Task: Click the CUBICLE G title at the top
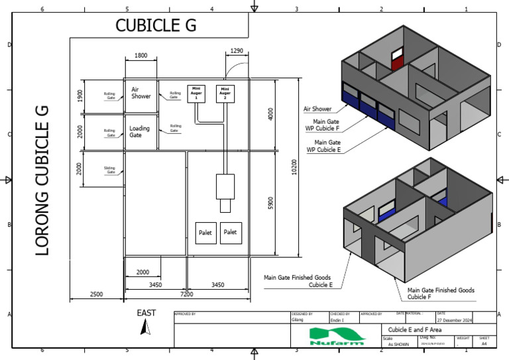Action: tap(156, 25)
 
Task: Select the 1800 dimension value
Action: tap(141, 56)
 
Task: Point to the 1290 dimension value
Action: tap(237, 50)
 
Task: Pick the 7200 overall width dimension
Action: tap(187, 294)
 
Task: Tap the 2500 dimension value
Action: tap(97, 294)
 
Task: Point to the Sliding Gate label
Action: tap(109, 169)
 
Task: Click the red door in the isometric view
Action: tap(398, 60)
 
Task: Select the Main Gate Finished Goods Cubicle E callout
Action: tap(297, 281)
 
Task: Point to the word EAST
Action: tap(146, 312)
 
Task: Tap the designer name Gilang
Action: tap(298, 320)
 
